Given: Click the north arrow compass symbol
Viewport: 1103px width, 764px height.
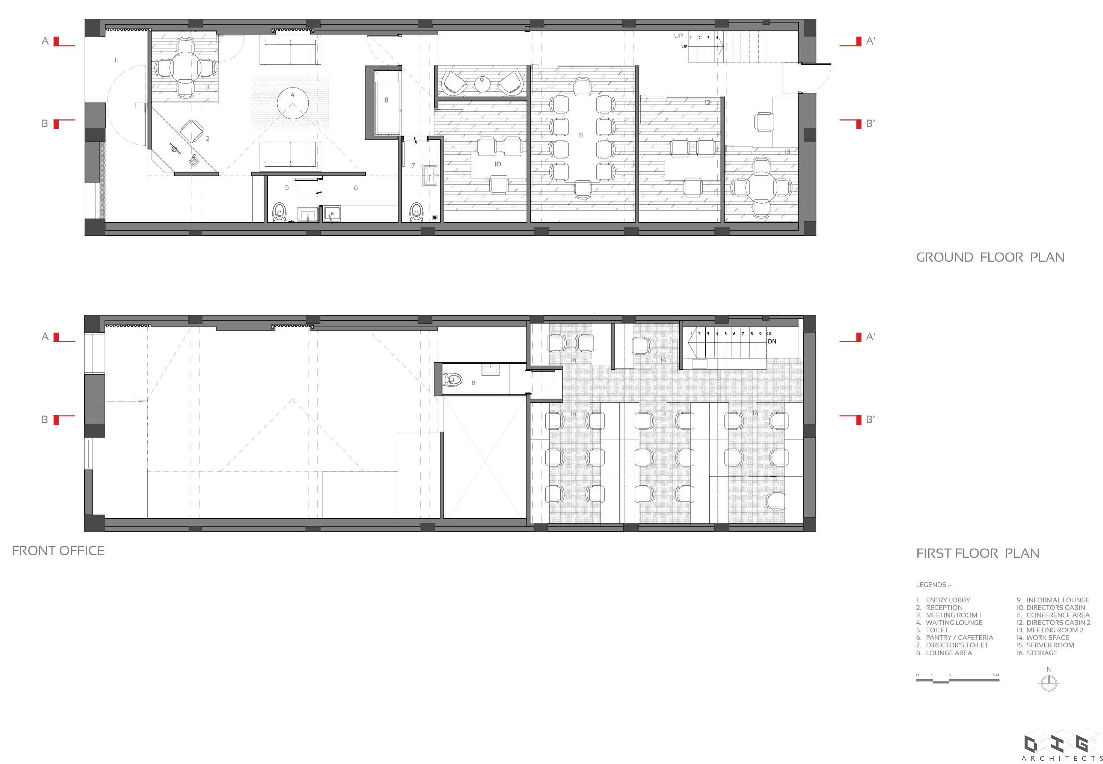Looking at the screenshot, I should click(x=1049, y=682).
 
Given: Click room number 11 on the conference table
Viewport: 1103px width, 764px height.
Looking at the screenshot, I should click(x=580, y=136).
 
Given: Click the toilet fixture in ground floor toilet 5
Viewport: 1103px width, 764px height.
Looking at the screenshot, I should click(x=279, y=212).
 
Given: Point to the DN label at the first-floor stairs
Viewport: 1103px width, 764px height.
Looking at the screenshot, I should click(x=772, y=341).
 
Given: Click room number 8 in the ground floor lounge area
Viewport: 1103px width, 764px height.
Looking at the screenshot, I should click(x=386, y=100).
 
